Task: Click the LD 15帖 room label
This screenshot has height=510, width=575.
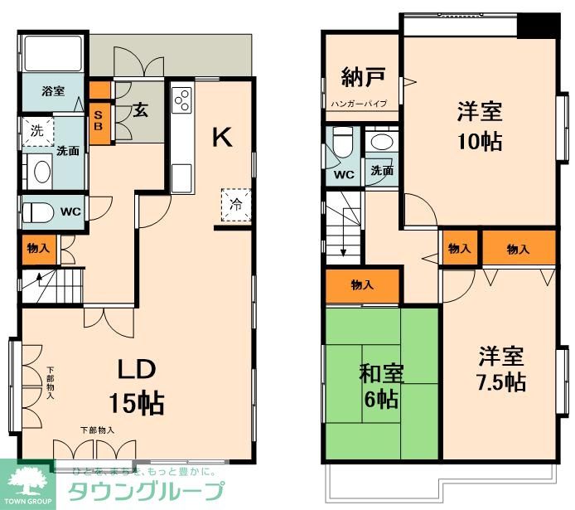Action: click(x=136, y=386)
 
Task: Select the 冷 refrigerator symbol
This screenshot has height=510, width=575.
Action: click(x=234, y=204)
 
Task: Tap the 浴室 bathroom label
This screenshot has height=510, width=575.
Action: click(x=51, y=91)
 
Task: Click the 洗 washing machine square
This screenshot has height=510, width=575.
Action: click(x=36, y=130)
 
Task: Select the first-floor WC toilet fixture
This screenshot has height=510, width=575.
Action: click(x=39, y=212)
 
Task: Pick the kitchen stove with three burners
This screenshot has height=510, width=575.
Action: click(x=181, y=100)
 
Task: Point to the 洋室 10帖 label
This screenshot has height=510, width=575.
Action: click(x=479, y=125)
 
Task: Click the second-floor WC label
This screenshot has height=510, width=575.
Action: click(x=344, y=175)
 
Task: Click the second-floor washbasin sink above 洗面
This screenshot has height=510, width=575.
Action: click(x=383, y=142)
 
